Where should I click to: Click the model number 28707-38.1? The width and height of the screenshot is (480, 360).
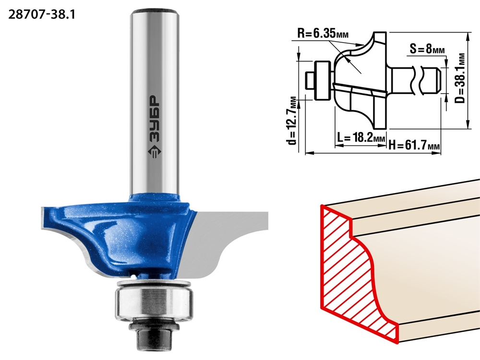42,14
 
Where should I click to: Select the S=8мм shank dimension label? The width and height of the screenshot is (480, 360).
427,48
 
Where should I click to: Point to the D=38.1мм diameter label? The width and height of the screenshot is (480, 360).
460,78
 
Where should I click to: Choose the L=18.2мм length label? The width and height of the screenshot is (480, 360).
361,138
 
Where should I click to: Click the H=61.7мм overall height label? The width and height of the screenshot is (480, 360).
414,144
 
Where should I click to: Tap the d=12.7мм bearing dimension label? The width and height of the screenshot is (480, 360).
293,120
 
